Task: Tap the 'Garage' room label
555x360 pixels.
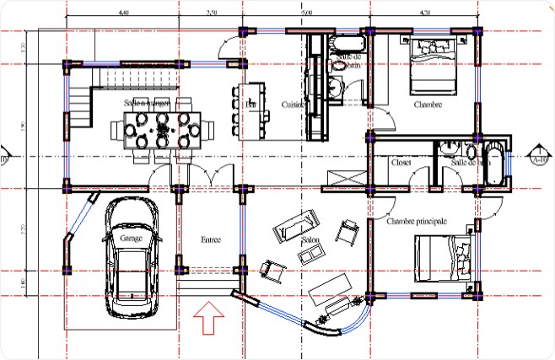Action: (x=131, y=239)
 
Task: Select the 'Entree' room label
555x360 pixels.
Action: (x=210, y=240)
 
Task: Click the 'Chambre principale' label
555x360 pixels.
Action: (x=416, y=221)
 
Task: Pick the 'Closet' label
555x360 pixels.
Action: (x=401, y=162)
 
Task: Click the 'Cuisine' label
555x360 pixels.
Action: (x=294, y=104)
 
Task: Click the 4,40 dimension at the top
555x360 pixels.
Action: (x=124, y=13)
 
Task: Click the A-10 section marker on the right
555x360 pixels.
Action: (x=540, y=157)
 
